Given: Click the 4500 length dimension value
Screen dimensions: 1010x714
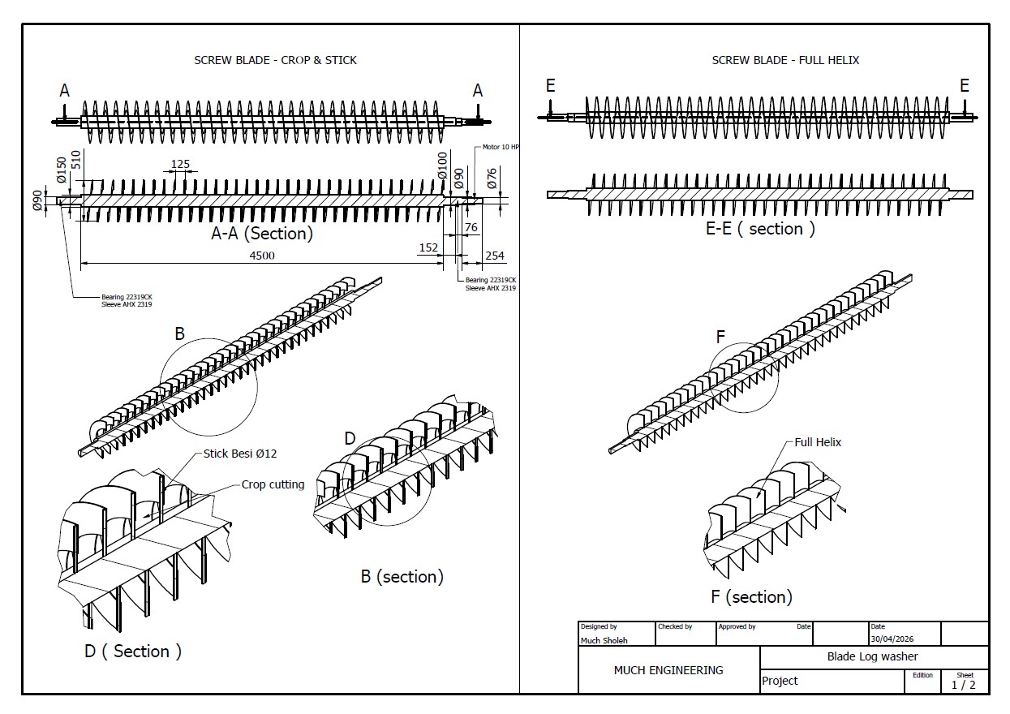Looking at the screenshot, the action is coord(262,256).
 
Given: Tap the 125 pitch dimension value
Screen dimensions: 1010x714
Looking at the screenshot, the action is coord(180,164).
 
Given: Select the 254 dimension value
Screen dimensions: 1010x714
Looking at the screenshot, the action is coord(495,256).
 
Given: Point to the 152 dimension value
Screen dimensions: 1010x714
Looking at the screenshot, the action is coord(428,247).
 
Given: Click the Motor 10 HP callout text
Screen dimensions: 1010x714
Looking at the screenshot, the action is coord(501,147).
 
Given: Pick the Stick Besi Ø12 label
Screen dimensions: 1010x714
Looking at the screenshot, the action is coord(240,454).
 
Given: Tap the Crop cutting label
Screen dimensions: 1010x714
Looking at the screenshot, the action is coord(273,484).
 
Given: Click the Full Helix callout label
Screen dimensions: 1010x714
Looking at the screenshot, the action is coord(818,442).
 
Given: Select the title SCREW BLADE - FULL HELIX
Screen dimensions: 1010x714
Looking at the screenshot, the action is coord(785,60).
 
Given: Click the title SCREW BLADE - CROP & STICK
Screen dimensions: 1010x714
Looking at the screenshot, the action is coord(275,60).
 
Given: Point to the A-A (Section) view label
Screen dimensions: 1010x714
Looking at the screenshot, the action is coord(262,234).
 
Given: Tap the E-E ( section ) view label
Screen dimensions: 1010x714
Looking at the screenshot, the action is coord(760,229).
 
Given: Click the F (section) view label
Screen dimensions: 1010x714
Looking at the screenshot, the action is coord(751,596).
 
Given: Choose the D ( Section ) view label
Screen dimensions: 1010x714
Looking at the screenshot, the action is coord(133,652).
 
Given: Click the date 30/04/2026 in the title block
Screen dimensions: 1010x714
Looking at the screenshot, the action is coord(892,639).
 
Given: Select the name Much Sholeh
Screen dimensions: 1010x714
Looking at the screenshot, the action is coord(604,640).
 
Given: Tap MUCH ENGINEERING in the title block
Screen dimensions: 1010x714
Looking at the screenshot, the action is coord(668,671).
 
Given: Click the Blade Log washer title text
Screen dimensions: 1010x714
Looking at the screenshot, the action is coord(872,656).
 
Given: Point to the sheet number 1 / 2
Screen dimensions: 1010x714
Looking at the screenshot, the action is coord(963,685).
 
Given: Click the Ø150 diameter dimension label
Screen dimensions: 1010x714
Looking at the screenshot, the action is coord(62,170).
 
